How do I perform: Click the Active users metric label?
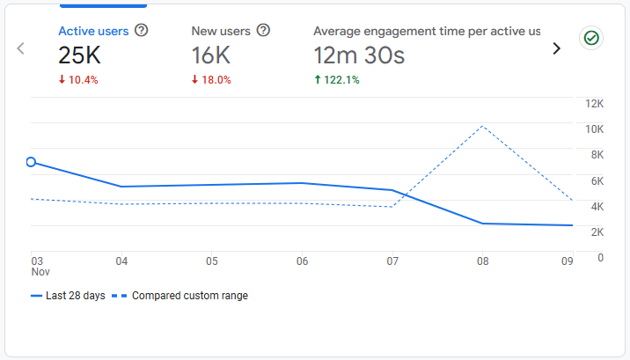point(93,31)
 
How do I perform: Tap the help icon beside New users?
point(263,31)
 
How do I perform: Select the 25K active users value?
point(80,56)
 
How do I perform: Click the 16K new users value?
point(212,56)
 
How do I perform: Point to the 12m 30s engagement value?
point(359,56)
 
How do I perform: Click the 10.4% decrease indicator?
point(78,80)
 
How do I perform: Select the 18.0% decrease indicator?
point(211,80)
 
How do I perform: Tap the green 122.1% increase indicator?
point(337,80)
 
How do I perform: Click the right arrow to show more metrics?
point(556,49)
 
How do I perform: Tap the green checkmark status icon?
point(591,38)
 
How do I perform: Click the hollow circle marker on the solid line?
point(32,162)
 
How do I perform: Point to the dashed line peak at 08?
point(482,127)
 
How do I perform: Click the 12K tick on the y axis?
point(595,104)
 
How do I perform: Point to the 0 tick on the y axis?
point(599,258)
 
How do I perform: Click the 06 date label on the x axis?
point(302,261)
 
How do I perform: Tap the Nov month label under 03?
point(40,272)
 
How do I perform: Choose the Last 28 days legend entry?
point(68,296)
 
